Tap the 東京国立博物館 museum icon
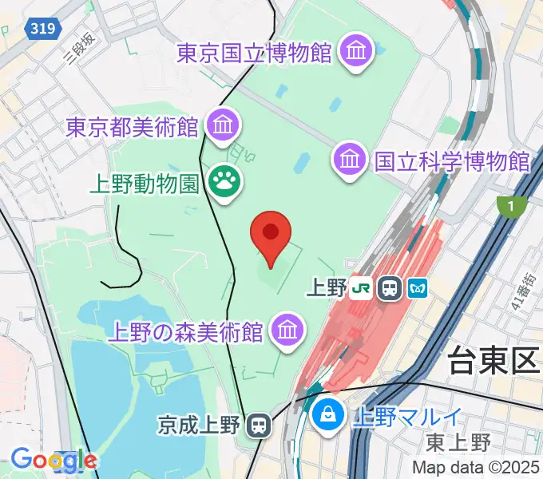(355, 53)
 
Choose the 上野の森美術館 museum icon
(286, 329)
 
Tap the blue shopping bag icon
(327, 414)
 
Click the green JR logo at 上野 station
(363, 287)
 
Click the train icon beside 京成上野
(258, 426)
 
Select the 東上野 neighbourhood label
(458, 441)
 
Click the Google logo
(54, 460)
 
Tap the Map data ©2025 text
(477, 467)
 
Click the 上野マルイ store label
(407, 415)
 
